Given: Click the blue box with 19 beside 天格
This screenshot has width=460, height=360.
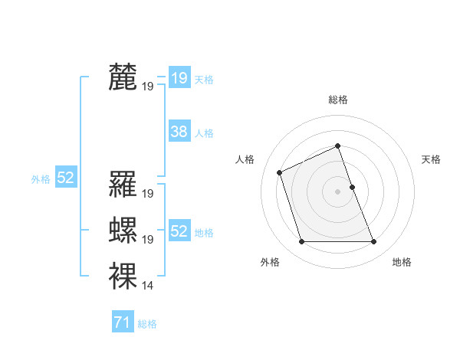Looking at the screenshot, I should tap(179, 77).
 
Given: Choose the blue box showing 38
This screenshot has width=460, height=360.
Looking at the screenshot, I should tap(179, 132).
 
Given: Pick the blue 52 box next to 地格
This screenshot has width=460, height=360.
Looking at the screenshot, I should tap(179, 231).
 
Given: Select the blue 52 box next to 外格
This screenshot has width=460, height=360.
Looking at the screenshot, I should tap(65, 178).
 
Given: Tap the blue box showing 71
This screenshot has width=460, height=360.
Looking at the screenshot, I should tap(122, 322).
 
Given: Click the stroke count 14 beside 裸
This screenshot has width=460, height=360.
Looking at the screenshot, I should tap(147, 286).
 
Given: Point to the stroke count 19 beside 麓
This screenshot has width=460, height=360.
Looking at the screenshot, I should tap(147, 87).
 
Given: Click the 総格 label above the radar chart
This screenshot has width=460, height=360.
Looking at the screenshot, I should tap(338, 100).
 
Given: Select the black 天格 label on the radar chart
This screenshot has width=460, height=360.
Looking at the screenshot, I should tap(431, 159).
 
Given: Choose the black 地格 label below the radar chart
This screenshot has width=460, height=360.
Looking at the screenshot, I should tap(402, 262).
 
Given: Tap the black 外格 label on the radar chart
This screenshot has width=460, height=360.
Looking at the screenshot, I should tap(270, 262).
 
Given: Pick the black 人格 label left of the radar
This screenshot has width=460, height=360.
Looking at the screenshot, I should tap(245, 159).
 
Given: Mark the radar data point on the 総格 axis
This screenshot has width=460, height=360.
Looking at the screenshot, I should tap(338, 146).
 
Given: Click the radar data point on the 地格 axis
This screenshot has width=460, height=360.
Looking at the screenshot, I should tap(373, 242).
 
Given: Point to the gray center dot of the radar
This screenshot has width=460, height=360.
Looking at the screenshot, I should tap(338, 191).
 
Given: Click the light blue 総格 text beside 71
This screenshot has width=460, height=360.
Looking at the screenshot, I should tap(147, 324).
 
